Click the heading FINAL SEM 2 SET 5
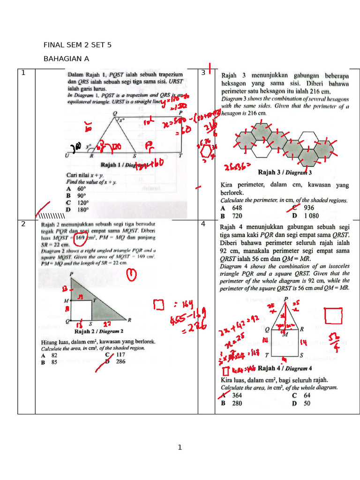(x=77, y=45)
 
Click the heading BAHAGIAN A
(x=66, y=59)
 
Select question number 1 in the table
(x=22, y=73)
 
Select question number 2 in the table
(x=23, y=224)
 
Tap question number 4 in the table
(x=203, y=224)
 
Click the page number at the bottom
(x=180, y=448)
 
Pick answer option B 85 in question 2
(x=49, y=362)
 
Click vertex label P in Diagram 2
(x=71, y=274)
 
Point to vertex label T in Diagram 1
(x=180, y=156)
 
